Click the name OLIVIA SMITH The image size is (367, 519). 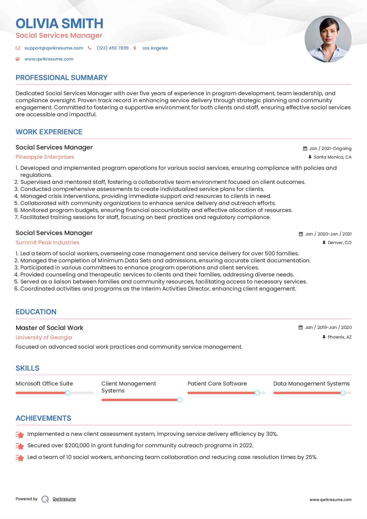[x=59, y=23]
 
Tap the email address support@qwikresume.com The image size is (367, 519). [x=54, y=48]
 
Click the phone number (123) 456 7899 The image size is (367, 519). [x=113, y=48]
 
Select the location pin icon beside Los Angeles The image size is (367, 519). [x=135, y=48]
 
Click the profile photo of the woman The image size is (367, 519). [x=328, y=39]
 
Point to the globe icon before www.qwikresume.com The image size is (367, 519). [x=17, y=59]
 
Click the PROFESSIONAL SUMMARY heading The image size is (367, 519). [x=62, y=78]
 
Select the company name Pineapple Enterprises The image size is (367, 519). [x=45, y=157]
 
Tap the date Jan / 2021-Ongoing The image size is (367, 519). [x=330, y=148]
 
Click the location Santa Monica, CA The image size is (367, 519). [x=332, y=157]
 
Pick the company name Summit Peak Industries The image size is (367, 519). [x=47, y=243]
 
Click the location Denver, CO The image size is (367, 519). [x=339, y=243]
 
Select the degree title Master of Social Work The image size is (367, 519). [x=49, y=328]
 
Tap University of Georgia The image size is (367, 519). [x=44, y=337]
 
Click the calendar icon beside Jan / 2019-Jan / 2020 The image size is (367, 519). [x=301, y=327]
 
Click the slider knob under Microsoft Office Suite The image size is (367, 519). [x=68, y=393]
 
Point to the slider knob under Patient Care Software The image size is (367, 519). [x=257, y=393]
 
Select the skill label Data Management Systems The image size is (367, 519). [x=311, y=384]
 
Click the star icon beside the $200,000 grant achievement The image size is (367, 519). [x=20, y=446]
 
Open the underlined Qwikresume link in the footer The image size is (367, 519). [x=64, y=499]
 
